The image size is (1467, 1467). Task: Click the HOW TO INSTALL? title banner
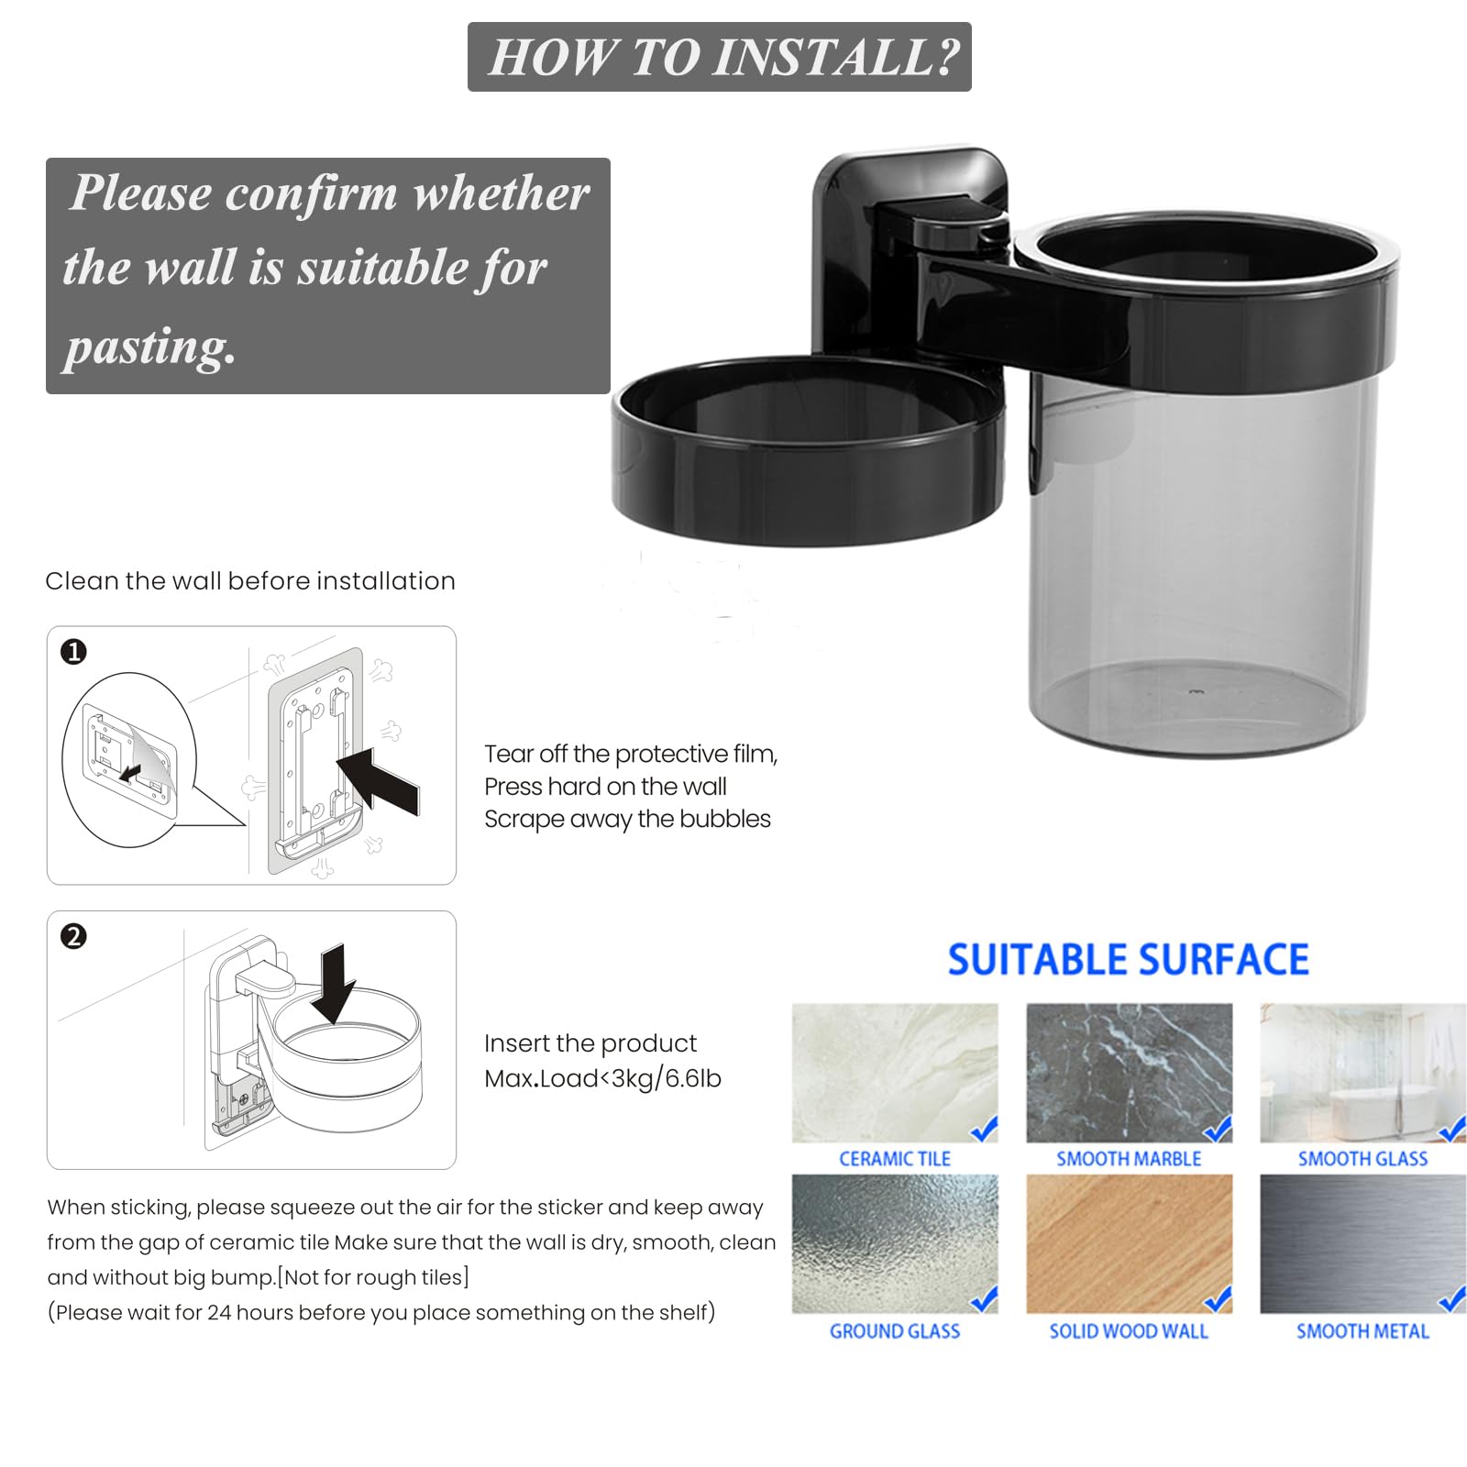(x=720, y=57)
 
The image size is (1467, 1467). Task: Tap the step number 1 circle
(x=73, y=652)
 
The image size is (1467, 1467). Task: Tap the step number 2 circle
(x=73, y=936)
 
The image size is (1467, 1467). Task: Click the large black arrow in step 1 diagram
(x=378, y=779)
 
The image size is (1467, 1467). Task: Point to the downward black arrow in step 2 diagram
(x=333, y=984)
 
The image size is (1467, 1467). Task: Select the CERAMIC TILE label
(x=895, y=1159)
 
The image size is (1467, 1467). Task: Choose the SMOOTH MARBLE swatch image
(x=1130, y=1073)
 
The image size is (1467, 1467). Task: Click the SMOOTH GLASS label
(x=1363, y=1159)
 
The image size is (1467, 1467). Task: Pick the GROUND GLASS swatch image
(x=895, y=1244)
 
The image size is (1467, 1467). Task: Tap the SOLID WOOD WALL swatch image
(x=1130, y=1244)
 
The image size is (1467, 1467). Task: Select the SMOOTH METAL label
(x=1363, y=1331)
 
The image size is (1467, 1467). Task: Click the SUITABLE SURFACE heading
(x=1129, y=960)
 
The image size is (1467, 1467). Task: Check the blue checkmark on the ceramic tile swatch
(x=984, y=1129)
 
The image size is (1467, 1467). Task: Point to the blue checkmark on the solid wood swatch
(x=1218, y=1299)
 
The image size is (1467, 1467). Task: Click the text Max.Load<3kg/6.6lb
(x=602, y=1078)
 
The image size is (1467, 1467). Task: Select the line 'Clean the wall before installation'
(x=250, y=581)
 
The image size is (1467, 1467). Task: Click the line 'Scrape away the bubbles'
(x=627, y=819)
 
